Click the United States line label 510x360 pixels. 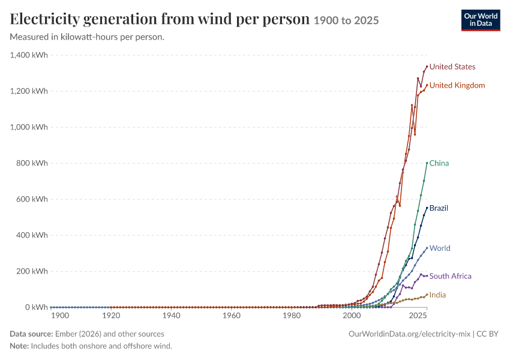click(x=452, y=67)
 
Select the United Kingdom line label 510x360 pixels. click(x=457, y=85)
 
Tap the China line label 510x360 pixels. click(x=439, y=163)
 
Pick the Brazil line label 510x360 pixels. click(x=439, y=208)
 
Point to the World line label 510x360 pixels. click(x=440, y=248)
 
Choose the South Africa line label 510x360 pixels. click(x=450, y=276)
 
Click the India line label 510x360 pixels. click(x=437, y=295)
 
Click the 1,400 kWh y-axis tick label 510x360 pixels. click(x=29, y=55)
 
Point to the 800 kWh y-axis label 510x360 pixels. click(x=32, y=163)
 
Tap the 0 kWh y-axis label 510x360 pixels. click(x=37, y=307)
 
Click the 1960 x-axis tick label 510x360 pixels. click(x=231, y=316)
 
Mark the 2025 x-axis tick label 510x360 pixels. click(x=418, y=316)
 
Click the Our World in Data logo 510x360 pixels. click(x=481, y=20)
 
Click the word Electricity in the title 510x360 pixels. click(x=44, y=19)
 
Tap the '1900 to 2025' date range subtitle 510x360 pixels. click(x=346, y=20)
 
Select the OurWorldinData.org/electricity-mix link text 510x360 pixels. click(x=409, y=334)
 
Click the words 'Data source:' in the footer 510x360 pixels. click(x=31, y=334)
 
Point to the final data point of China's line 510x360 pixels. click(x=427, y=163)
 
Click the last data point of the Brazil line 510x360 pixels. click(x=427, y=208)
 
